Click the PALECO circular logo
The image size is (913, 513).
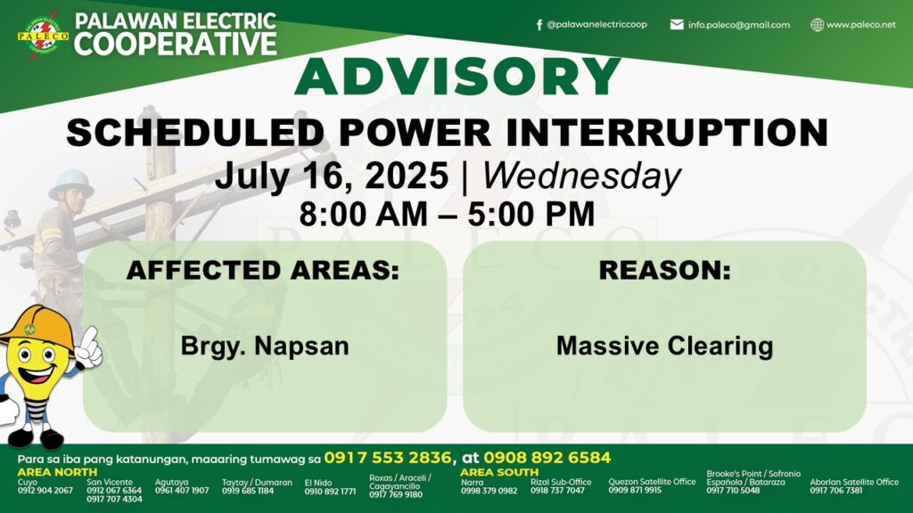coord(43,36)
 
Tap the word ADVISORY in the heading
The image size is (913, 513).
coord(457,77)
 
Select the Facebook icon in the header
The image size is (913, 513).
coord(539,25)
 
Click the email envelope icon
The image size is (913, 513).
coord(677,24)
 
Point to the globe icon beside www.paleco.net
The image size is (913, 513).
coord(817,25)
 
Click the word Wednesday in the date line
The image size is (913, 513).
coord(581,175)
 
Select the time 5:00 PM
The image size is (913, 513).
coord(531,214)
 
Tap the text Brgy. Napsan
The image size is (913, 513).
coord(265,346)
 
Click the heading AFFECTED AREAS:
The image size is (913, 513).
coord(263,271)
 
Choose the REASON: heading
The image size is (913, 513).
coord(664,271)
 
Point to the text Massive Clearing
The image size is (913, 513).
coord(664,346)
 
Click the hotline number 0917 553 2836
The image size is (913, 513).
coord(388,458)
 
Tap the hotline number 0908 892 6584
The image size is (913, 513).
coord(547,458)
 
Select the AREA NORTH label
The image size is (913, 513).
coord(57,472)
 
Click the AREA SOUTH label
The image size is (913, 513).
coord(499,472)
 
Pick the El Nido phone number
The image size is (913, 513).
coord(330,492)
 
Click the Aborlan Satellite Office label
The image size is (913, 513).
coord(854,482)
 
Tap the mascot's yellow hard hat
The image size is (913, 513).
coord(36,329)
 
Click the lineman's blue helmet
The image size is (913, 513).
coord(71,183)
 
